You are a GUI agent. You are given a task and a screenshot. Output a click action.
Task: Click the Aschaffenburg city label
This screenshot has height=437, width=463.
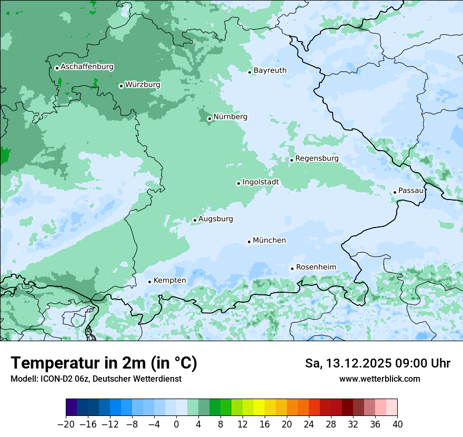pyautogui.click(x=87, y=67)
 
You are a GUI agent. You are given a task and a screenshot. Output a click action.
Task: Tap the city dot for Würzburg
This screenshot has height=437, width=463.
pyautogui.click(x=121, y=86)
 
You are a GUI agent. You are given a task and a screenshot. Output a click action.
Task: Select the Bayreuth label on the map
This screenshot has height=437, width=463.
pyautogui.click(x=270, y=71)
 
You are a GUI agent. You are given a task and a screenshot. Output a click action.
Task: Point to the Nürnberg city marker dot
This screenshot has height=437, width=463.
pyautogui.click(x=209, y=118)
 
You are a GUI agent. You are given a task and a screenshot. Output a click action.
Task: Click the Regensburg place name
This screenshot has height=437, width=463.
pyautogui.click(x=317, y=158)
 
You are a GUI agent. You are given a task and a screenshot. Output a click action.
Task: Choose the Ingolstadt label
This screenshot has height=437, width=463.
pyautogui.click(x=260, y=182)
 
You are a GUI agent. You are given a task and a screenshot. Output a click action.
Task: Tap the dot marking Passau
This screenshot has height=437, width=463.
pyautogui.click(x=395, y=192)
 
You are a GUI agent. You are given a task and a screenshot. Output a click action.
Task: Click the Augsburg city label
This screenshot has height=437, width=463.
pyautogui.click(x=216, y=219)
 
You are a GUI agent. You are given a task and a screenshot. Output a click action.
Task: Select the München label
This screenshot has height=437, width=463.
pyautogui.click(x=269, y=241)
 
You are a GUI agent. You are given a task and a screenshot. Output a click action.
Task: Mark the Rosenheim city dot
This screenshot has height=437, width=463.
pyautogui.click(x=292, y=269)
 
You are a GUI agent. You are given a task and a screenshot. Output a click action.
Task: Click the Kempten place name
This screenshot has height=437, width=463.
pyautogui.click(x=169, y=281)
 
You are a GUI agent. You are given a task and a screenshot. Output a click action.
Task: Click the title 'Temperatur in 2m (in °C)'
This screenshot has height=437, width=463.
pyautogui.click(x=104, y=363)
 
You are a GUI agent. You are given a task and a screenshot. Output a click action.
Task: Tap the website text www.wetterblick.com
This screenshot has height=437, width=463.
pyautogui.click(x=379, y=379)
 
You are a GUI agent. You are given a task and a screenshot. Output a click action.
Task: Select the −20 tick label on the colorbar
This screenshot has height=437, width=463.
pyautogui.click(x=66, y=424)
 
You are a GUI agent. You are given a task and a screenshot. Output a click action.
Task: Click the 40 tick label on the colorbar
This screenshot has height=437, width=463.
pyautogui.click(x=397, y=424)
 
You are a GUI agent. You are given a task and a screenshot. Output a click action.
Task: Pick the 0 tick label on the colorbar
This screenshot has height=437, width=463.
pyautogui.click(x=176, y=424)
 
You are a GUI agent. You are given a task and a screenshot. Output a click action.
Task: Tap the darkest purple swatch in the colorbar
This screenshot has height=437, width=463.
pyautogui.click(x=72, y=408)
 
